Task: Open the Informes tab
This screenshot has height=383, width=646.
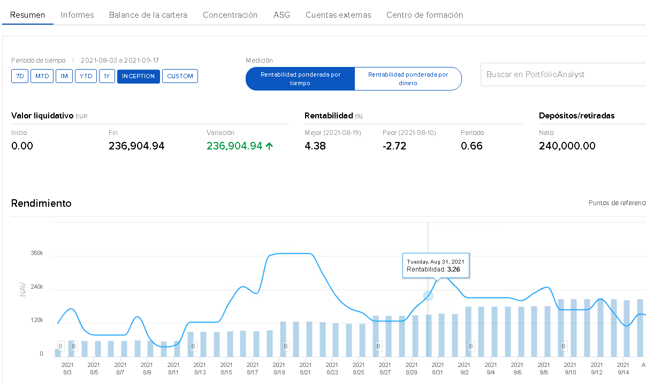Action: coord(77,15)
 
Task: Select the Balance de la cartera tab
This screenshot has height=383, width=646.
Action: coord(148,15)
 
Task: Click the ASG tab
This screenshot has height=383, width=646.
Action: coord(282,15)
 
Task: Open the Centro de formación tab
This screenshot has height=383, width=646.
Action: coord(424,15)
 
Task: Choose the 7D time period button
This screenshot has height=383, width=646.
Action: coord(20,76)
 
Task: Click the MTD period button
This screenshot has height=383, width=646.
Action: coord(42,76)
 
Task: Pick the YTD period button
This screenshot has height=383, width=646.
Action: coord(85,76)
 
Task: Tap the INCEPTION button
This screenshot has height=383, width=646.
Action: coord(138,76)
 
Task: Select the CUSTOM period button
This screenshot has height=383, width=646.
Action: coord(180,76)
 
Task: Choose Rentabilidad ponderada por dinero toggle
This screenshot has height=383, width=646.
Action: coord(408,79)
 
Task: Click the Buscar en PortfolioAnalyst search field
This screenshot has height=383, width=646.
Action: coord(562,74)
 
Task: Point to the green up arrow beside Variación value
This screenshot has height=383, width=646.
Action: coord(269,146)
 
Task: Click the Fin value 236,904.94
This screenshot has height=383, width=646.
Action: coord(136,146)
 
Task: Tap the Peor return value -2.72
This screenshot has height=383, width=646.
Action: coord(396,146)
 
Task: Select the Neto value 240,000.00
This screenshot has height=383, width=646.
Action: coord(567,146)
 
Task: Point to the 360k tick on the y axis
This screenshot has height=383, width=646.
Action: coord(37,253)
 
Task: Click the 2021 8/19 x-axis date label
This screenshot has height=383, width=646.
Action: coord(278,368)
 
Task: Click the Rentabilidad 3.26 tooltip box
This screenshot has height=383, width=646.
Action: coord(436,266)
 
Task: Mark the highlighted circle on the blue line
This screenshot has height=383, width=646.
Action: coord(428,296)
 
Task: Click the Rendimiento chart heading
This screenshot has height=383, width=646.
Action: coord(41,204)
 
